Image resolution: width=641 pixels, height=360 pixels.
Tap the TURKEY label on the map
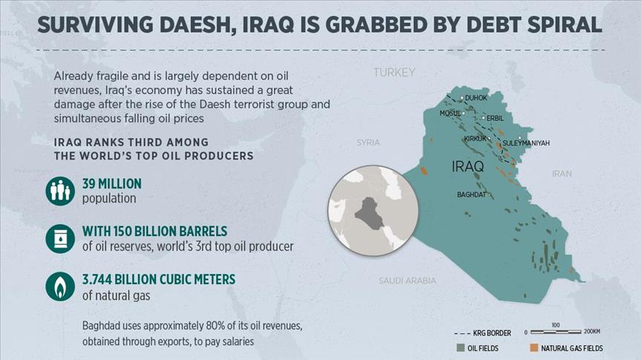(x=394, y=72)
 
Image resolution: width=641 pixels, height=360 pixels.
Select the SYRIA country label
(x=368, y=142)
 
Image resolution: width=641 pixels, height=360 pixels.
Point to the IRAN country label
(x=562, y=174)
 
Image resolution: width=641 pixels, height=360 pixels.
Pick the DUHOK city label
(x=476, y=98)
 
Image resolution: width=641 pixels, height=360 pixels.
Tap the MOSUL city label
(x=450, y=113)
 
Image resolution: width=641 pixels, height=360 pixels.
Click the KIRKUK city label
(x=475, y=139)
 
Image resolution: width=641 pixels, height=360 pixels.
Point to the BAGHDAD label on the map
(x=472, y=194)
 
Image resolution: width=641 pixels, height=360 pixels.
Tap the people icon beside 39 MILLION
(x=59, y=191)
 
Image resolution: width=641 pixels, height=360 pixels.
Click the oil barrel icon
(x=59, y=238)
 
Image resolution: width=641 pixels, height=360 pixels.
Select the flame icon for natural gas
(x=59, y=287)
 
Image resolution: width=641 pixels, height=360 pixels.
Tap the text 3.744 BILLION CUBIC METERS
(x=158, y=279)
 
